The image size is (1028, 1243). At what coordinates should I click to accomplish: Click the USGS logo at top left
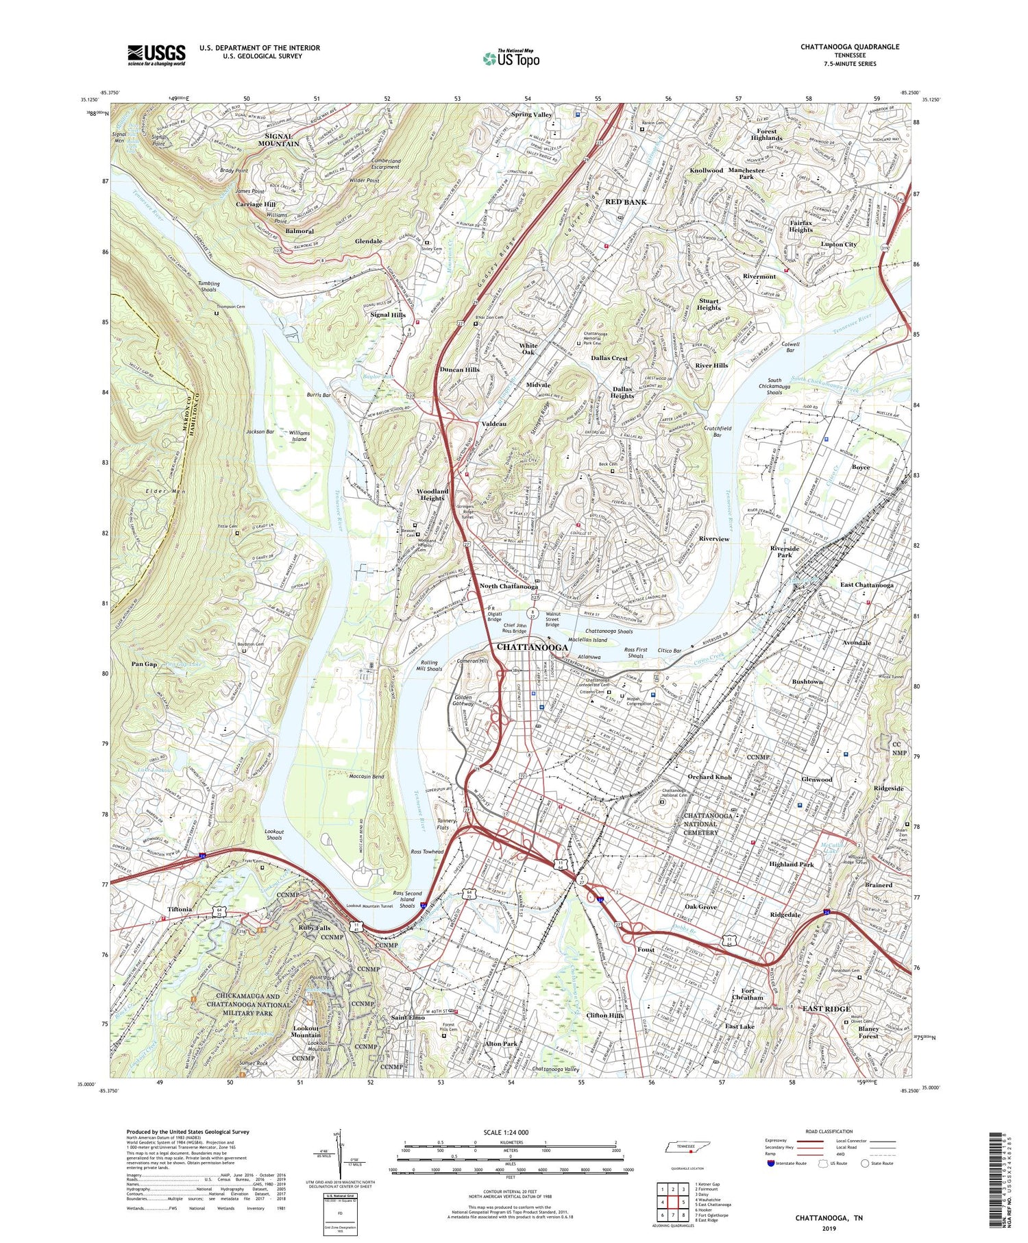click(156, 55)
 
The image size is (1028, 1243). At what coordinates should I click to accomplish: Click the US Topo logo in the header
click(511, 58)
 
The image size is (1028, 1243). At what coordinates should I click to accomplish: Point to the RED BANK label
click(626, 202)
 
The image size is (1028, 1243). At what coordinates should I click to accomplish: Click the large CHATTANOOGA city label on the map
click(531, 647)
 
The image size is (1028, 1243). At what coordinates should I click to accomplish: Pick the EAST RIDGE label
click(826, 1009)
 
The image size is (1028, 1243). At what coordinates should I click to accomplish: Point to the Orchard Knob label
click(709, 777)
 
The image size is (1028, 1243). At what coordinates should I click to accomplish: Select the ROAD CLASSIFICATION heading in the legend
click(829, 1132)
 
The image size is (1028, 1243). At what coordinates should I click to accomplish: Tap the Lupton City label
click(839, 244)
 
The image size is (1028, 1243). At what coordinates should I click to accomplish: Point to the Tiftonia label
click(180, 909)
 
